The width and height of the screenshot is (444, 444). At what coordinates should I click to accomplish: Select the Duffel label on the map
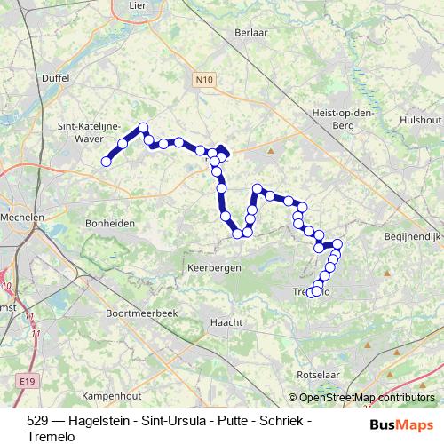55,77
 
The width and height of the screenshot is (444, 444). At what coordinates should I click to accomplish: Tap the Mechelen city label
22,193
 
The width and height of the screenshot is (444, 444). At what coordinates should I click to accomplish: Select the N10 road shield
203,81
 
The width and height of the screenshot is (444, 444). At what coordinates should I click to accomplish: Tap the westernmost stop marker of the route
106,162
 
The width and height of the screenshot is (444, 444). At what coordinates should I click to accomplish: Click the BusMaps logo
401,424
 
